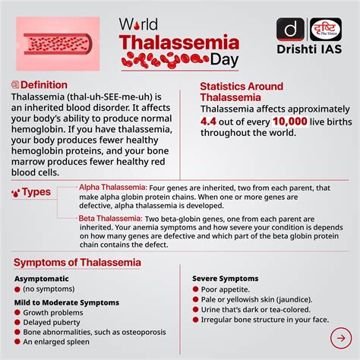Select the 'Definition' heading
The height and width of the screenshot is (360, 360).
point(44,85)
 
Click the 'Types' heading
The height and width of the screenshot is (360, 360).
point(36,192)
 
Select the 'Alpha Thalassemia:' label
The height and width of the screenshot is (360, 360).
point(113,187)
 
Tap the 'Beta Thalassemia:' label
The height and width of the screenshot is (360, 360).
point(111,217)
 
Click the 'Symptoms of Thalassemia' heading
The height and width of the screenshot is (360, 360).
point(77,262)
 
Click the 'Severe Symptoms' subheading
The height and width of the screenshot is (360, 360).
point(225,279)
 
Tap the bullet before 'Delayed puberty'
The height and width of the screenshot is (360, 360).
point(16,323)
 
